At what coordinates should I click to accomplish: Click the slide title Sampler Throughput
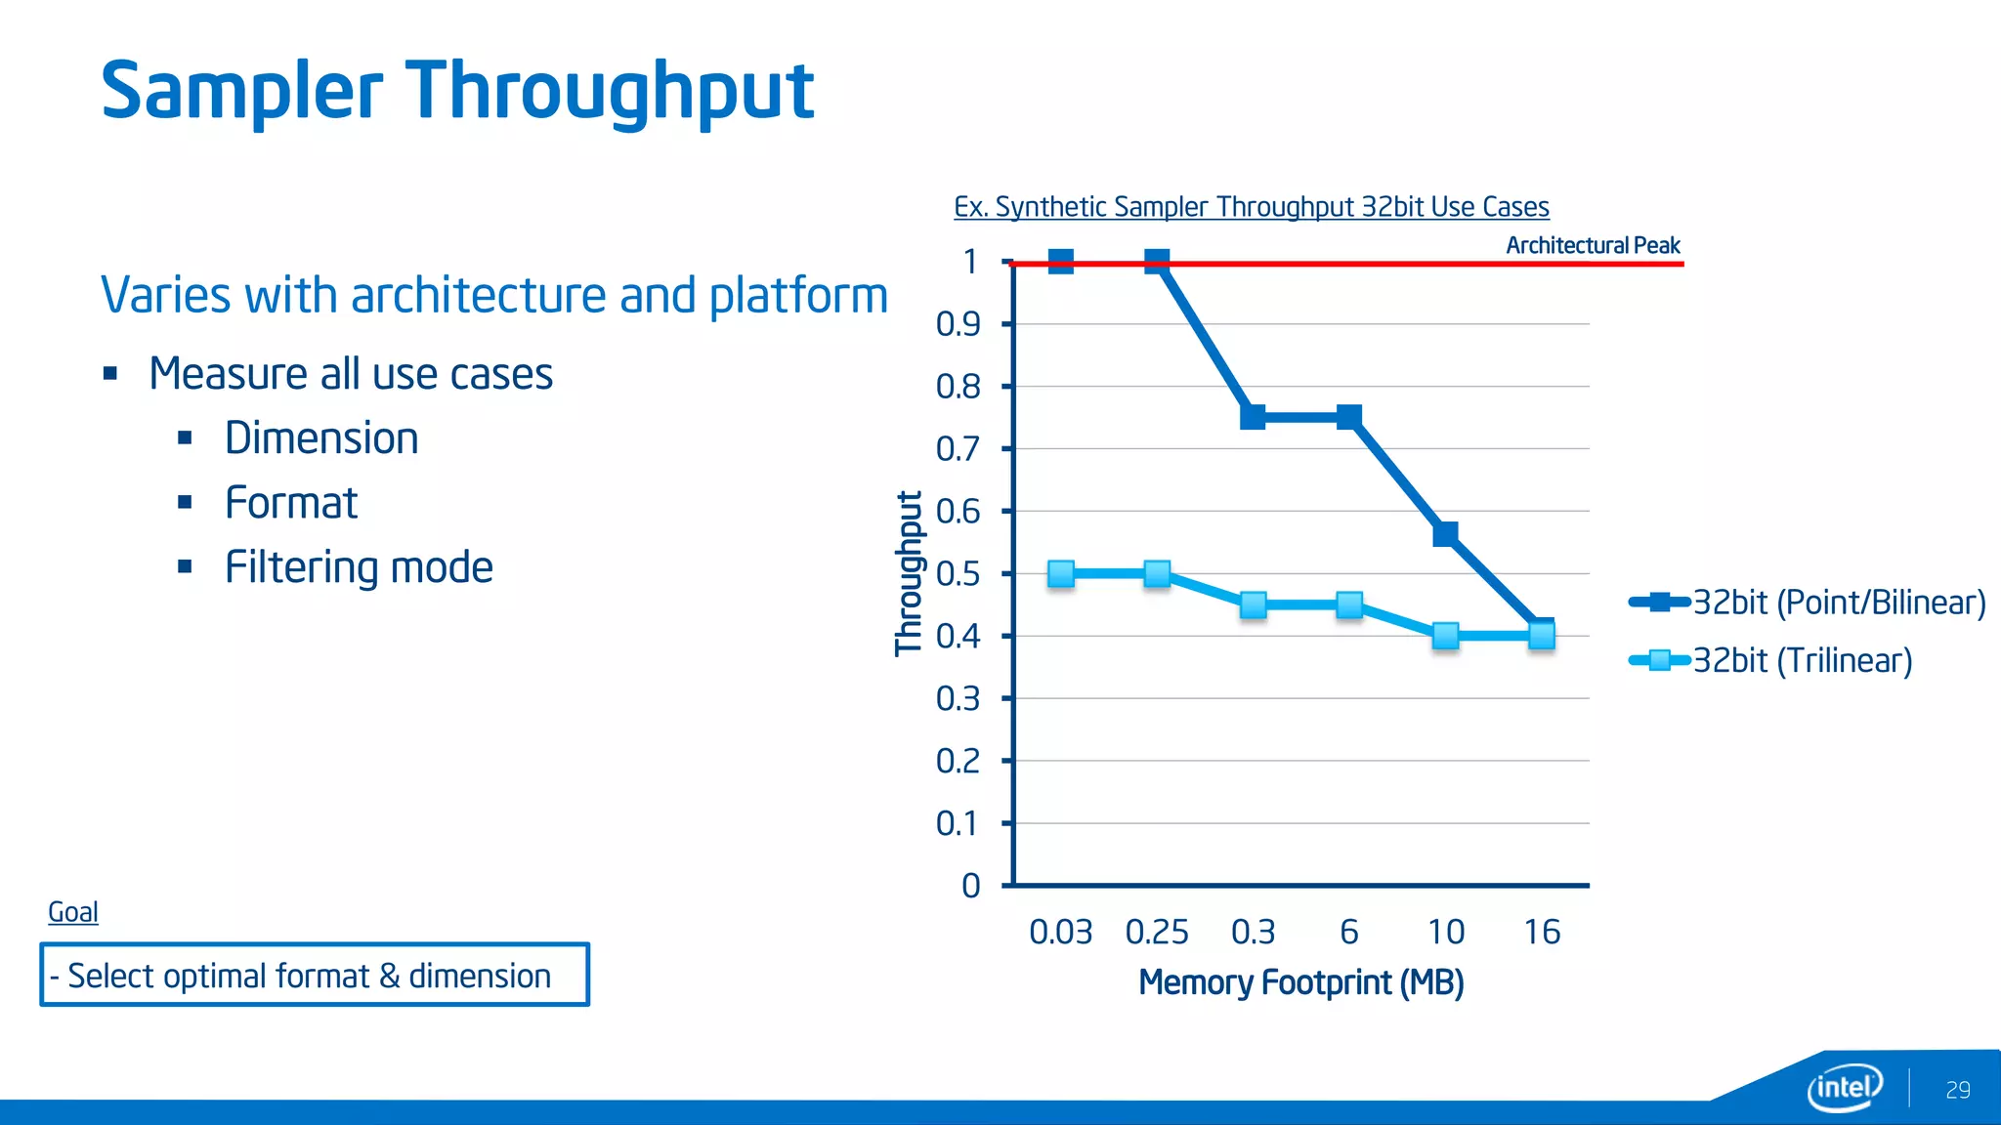point(457,90)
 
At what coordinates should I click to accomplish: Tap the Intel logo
point(1844,1087)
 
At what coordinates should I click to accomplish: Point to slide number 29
point(1957,1090)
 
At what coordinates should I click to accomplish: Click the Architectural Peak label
point(1592,245)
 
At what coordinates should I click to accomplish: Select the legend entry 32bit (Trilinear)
point(1801,661)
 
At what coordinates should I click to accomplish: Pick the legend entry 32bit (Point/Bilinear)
point(1838,603)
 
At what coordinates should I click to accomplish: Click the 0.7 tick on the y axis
point(958,449)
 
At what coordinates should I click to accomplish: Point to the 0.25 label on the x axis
point(1157,932)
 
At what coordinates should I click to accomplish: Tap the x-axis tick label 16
point(1541,932)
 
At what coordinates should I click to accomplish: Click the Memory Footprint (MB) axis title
point(1300,982)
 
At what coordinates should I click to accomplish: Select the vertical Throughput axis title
point(909,573)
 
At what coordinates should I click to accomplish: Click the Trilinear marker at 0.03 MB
point(1061,573)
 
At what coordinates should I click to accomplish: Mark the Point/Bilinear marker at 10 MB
point(1445,533)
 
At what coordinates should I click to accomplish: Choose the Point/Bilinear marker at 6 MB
point(1349,417)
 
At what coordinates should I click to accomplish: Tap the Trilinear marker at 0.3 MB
point(1254,604)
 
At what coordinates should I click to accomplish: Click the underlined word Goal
point(73,912)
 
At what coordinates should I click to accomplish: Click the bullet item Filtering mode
point(359,567)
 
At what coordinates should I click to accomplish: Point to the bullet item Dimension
point(321,437)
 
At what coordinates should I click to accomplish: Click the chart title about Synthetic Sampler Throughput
point(1251,207)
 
